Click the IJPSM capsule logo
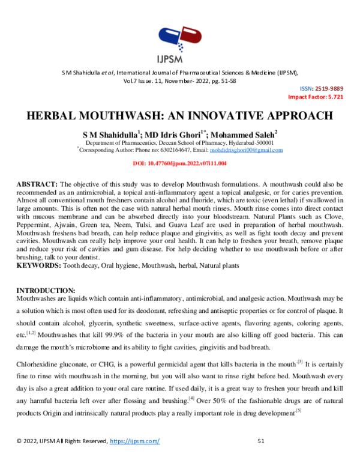coord(179,40)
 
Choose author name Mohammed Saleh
coord(246,136)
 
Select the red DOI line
coord(179,163)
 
